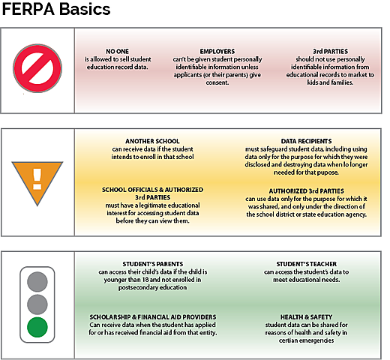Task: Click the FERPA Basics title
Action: tap(58, 10)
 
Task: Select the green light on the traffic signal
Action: tap(37, 327)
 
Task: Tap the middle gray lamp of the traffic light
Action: tap(37, 303)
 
